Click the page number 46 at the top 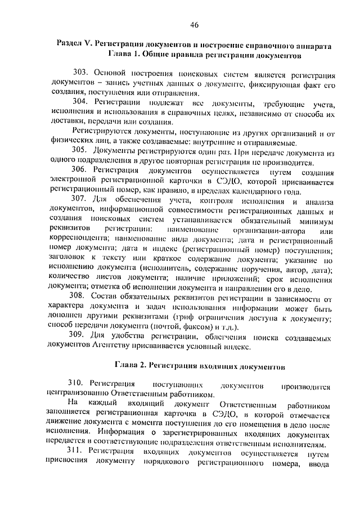coord(195,24)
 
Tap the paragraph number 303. coord(82,74)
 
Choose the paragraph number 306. coord(82,170)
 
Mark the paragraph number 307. coord(82,200)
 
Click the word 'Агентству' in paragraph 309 coord(118,347)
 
